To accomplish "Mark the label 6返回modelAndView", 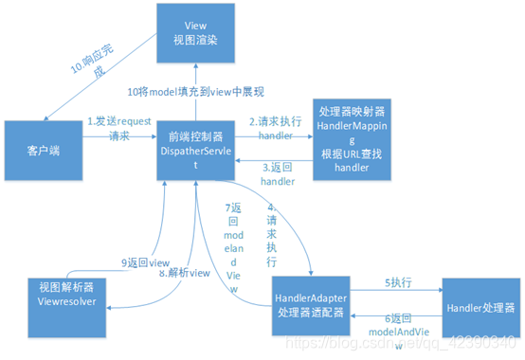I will [396, 326].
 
